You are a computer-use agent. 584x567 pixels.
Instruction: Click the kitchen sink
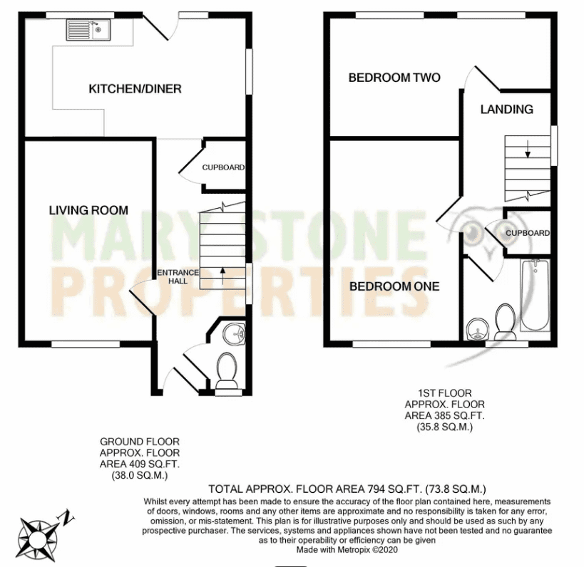[87, 30]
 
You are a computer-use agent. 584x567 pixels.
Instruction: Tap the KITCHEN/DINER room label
[135, 89]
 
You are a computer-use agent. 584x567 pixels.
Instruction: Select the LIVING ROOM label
[88, 210]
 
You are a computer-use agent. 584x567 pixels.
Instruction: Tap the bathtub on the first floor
[534, 298]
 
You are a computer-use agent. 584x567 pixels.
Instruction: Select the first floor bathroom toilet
[505, 320]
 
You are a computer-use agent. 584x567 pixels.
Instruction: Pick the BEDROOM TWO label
[394, 78]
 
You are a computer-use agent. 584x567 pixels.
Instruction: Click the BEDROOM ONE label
[394, 286]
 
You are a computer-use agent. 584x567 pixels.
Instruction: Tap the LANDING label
[506, 110]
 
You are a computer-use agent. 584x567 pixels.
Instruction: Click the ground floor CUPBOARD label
[223, 168]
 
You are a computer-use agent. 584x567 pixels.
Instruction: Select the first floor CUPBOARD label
[528, 233]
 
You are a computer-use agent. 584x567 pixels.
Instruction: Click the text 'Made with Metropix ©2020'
[347, 549]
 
